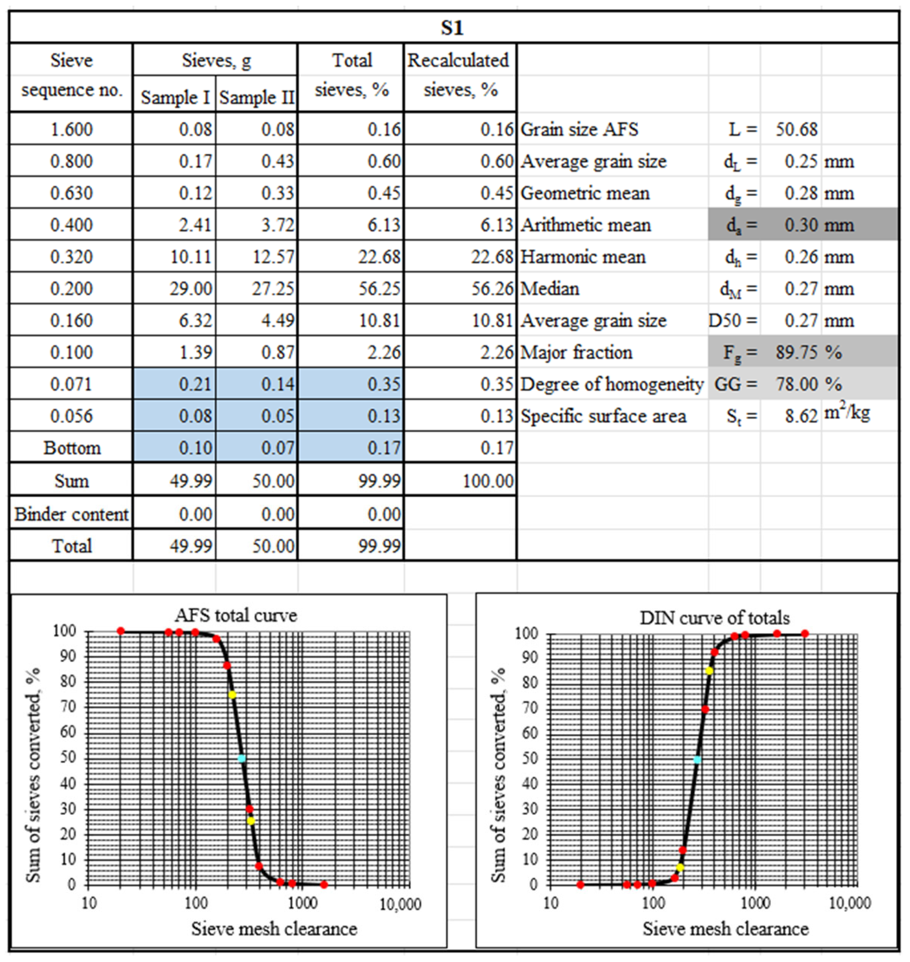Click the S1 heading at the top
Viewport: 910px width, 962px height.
click(x=452, y=28)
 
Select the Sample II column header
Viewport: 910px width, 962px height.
click(x=257, y=98)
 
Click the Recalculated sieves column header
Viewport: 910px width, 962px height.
click(x=459, y=75)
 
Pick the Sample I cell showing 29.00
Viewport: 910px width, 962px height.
click(x=190, y=289)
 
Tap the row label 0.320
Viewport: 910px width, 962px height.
click(x=71, y=257)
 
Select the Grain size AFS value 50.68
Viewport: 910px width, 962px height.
click(x=796, y=130)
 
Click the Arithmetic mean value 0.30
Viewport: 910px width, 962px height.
click(x=801, y=225)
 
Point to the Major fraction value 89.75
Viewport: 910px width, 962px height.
click(x=796, y=352)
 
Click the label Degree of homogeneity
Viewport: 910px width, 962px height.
click(x=612, y=384)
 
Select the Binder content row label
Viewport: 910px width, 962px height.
click(x=71, y=514)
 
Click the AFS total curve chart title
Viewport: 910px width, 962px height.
click(x=236, y=615)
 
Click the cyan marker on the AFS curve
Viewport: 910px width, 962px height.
click(x=242, y=758)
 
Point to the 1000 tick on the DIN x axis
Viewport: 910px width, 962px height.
click(x=756, y=903)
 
